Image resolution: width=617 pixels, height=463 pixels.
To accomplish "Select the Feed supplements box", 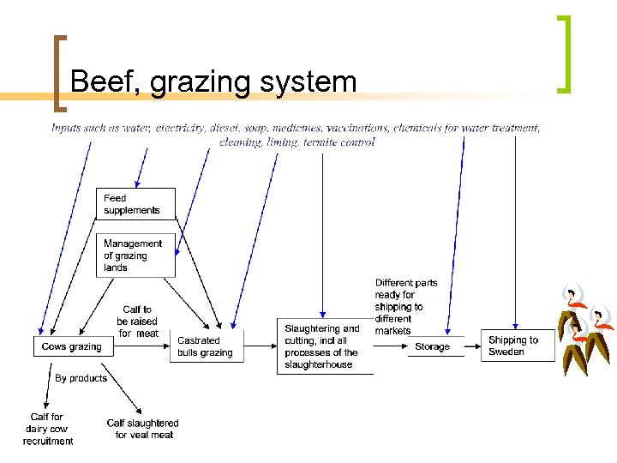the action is click(x=135, y=204).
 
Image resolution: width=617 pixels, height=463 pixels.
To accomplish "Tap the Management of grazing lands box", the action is click(x=135, y=256).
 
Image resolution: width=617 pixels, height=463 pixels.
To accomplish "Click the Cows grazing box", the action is click(x=72, y=347).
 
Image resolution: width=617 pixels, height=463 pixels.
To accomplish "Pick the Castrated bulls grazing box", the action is click(x=206, y=346).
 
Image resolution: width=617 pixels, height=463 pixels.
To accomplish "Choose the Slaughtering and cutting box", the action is click(x=326, y=346).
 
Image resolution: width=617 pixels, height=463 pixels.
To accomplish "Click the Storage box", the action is click(x=433, y=347).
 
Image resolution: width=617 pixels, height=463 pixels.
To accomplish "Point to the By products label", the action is click(x=81, y=378).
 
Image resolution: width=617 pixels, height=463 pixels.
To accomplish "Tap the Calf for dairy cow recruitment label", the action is click(x=48, y=429).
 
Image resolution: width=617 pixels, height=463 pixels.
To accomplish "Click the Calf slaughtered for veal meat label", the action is click(x=143, y=429).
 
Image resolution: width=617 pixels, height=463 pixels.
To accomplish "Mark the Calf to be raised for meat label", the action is click(x=138, y=322).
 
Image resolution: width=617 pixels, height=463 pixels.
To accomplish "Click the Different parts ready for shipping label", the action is click(x=405, y=306).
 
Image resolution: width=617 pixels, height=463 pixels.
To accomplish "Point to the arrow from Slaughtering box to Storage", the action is click(x=390, y=346).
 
